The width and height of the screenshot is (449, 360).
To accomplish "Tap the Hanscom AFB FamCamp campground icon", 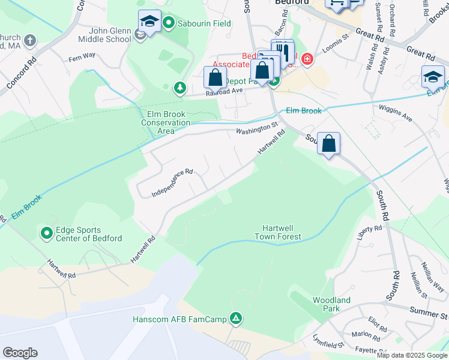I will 237,318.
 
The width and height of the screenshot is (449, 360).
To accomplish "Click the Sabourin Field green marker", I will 169,24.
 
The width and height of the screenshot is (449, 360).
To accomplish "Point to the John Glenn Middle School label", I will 110,35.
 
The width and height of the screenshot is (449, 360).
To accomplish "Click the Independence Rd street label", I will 172,183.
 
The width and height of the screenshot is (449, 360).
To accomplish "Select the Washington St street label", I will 258,128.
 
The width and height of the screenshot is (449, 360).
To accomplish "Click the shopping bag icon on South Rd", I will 328,144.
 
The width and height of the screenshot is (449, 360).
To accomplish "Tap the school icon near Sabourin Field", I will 149,22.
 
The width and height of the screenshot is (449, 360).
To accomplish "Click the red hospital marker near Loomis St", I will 307,59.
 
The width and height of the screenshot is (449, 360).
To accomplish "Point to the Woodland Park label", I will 331,304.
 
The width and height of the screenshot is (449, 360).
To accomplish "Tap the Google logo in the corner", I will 20,353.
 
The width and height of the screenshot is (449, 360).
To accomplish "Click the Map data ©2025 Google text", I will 412,355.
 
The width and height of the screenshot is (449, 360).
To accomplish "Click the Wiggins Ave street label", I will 395,113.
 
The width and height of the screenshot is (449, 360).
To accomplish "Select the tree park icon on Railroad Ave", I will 179,88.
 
